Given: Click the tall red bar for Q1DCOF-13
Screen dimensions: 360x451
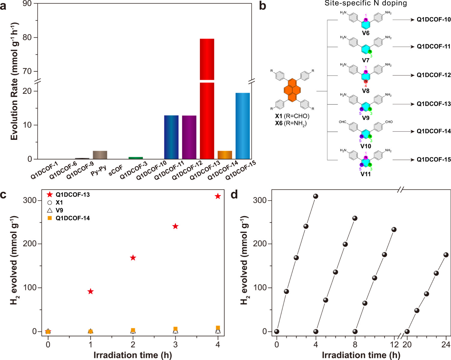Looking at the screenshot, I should (207, 99).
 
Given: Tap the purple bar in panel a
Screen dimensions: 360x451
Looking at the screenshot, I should (189, 137).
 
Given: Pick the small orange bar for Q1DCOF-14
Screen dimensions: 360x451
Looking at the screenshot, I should (225, 155).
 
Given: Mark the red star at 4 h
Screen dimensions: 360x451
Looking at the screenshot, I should (218, 196).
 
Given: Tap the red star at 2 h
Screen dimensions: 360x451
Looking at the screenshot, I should (133, 258).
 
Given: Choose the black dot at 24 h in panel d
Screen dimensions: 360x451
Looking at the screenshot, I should (446, 255).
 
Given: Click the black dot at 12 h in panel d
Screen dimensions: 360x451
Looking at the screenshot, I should (394, 230).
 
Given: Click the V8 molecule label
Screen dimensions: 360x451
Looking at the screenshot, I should (366, 91).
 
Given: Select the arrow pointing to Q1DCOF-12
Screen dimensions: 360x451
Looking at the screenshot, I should (403, 75).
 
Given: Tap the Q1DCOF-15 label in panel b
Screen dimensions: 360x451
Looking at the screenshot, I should (434, 160).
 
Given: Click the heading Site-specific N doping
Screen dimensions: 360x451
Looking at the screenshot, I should (366, 4).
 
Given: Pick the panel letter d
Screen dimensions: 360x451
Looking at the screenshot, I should (234, 195).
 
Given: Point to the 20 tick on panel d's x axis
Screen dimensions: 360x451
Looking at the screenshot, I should (407, 345).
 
